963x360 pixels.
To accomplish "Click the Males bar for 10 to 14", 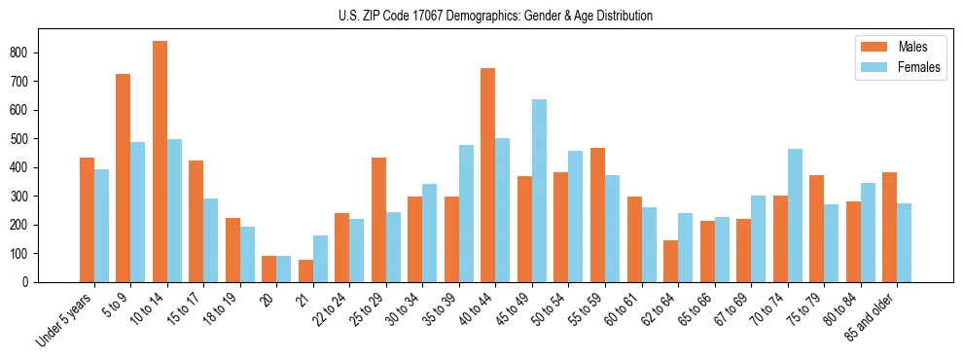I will [160, 162].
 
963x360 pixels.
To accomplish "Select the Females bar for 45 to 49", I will [539, 191].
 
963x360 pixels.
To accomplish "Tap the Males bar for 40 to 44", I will [488, 175].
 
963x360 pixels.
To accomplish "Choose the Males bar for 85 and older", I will [889, 228].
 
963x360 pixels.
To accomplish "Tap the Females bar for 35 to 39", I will [466, 213].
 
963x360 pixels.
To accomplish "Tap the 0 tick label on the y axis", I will [31, 282].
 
